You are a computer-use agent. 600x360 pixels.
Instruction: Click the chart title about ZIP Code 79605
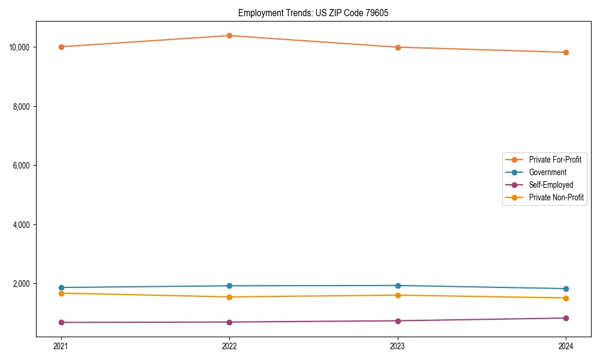tap(313, 13)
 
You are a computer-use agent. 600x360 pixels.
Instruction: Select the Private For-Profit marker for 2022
tap(229, 35)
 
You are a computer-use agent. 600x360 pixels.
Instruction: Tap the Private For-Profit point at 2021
tap(61, 47)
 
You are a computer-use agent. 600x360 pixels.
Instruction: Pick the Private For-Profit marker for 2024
tap(566, 52)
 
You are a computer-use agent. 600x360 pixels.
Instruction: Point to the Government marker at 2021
tap(61, 287)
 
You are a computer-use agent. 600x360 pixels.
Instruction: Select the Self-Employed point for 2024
tap(566, 318)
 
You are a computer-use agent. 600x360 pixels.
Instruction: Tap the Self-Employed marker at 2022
tap(229, 322)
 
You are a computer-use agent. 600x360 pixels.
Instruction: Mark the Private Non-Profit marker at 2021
tap(61, 293)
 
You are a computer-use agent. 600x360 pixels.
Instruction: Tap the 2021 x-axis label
tap(61, 346)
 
